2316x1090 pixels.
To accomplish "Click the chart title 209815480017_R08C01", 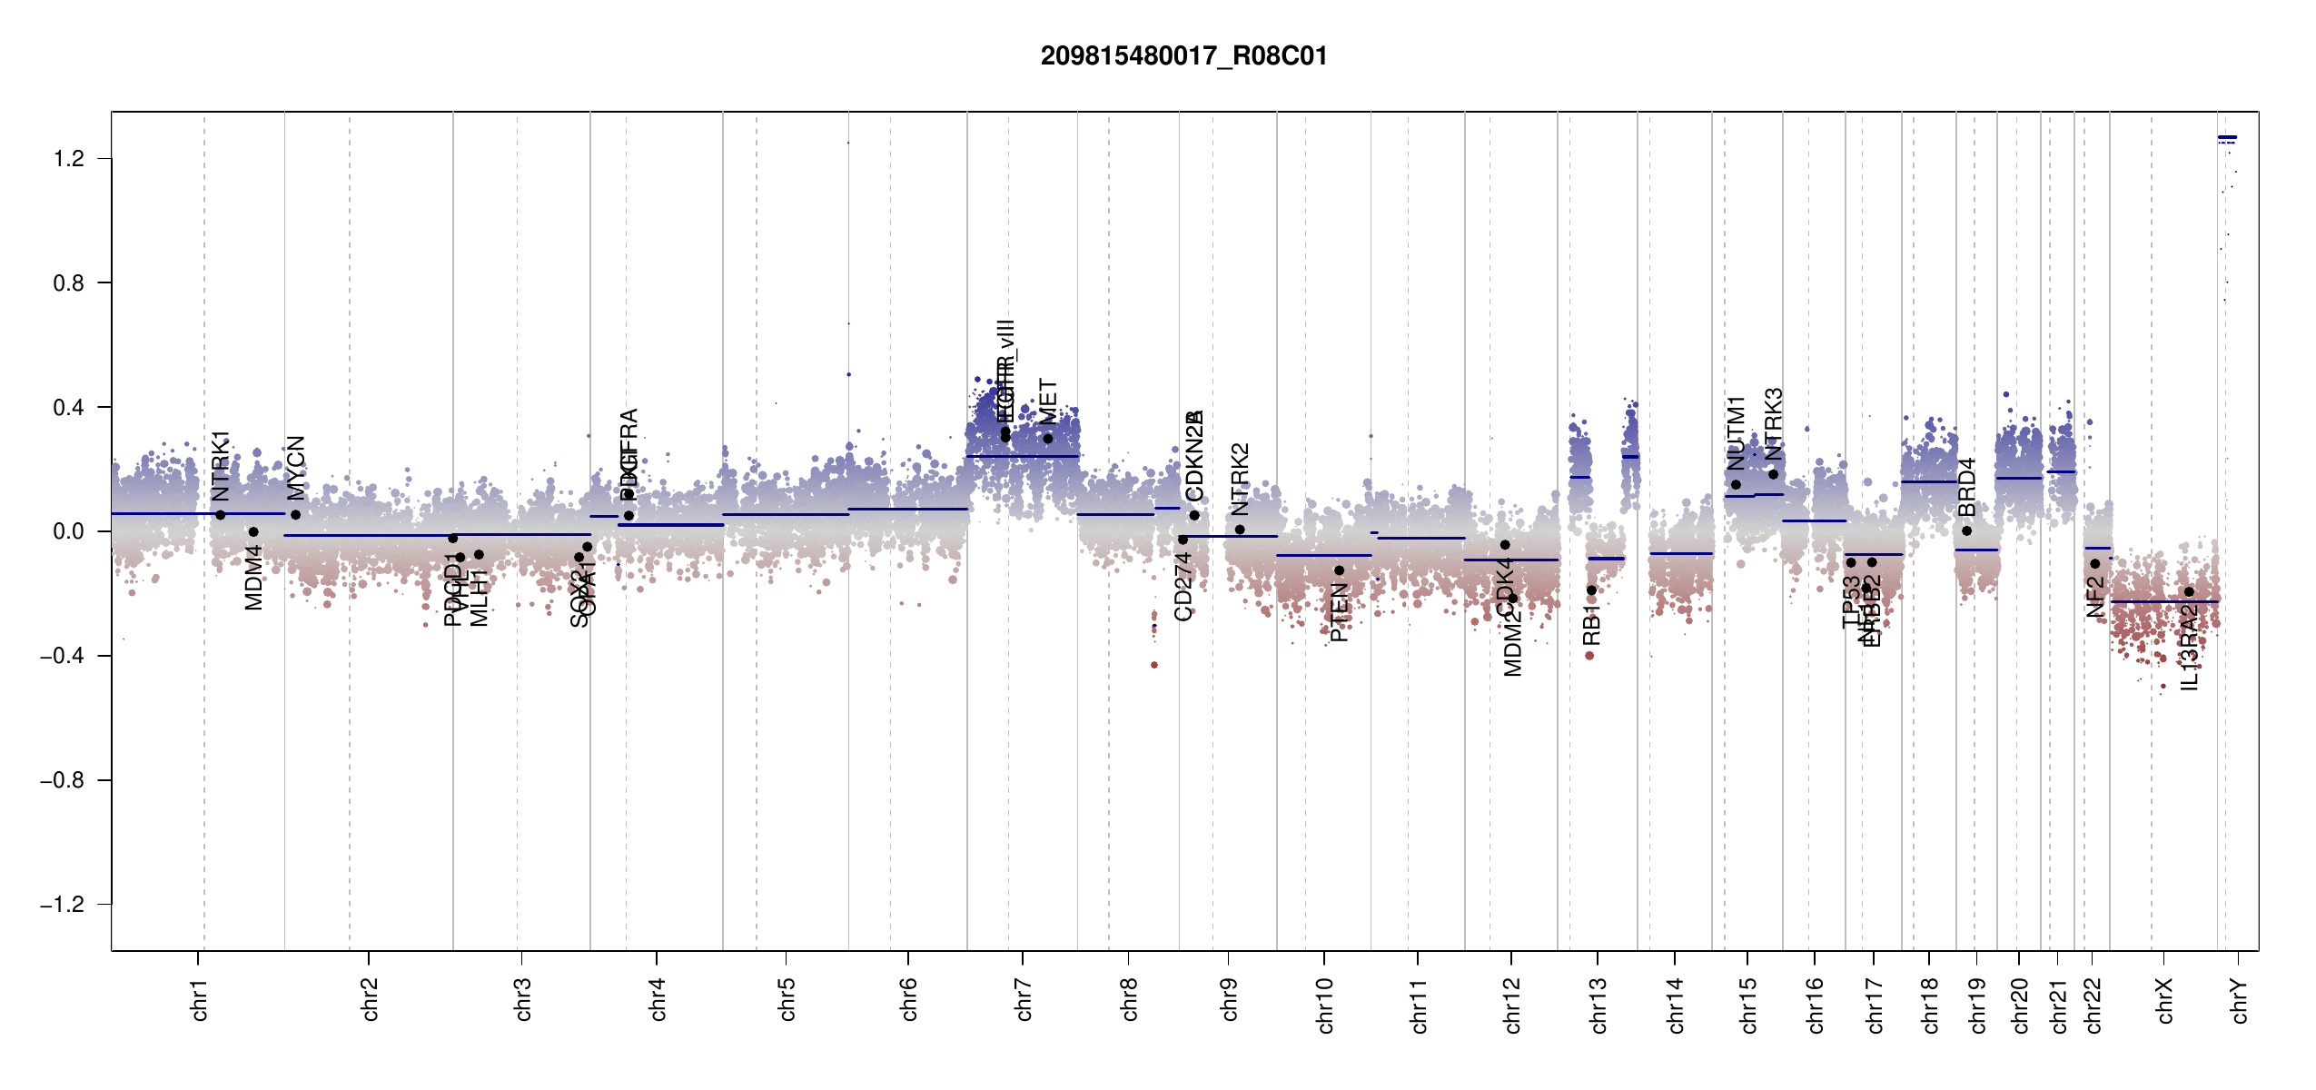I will click(1183, 56).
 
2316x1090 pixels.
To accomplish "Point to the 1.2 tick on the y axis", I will click(68, 159).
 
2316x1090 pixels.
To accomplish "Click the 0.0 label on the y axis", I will click(68, 531).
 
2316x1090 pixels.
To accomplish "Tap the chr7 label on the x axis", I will click(1024, 999).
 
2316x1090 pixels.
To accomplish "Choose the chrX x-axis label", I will click(2164, 1000).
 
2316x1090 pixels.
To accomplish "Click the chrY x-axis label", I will click(2240, 1000).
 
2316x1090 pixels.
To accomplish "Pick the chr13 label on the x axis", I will click(1598, 1005).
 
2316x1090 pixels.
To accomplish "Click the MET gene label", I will click(1048, 402).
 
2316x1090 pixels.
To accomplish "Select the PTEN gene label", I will click(1339, 613).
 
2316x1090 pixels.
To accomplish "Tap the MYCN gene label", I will click(296, 468).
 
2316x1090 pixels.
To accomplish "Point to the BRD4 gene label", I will click(1967, 488).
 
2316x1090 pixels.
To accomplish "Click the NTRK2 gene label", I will click(1240, 480).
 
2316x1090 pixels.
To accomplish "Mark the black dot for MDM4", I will click(253, 532).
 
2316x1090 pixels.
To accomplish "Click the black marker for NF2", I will click(2094, 563).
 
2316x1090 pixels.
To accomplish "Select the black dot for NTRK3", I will click(1773, 474).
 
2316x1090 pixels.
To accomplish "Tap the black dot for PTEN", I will click(1339, 570).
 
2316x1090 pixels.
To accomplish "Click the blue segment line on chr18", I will click(1928, 481).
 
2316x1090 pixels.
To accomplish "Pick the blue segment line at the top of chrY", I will click(2227, 137).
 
